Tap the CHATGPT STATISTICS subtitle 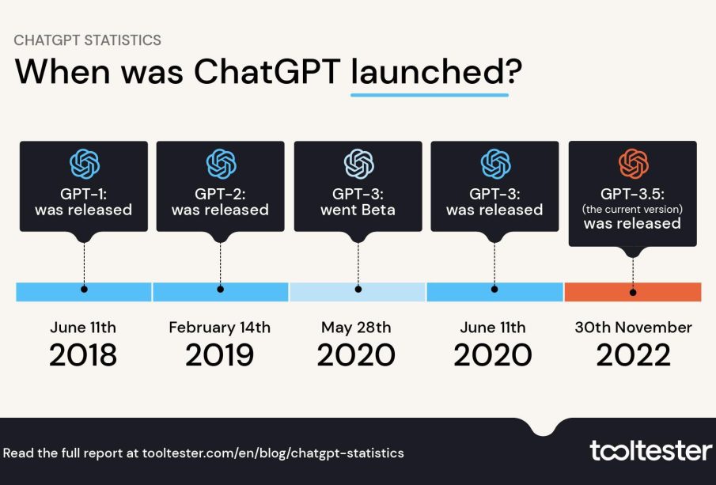click(x=88, y=40)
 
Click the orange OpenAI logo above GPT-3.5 click(x=633, y=164)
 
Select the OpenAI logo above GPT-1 click(x=84, y=164)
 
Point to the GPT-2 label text click(x=220, y=194)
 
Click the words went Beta click(x=358, y=210)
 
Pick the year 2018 click(x=83, y=355)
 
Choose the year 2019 click(x=220, y=355)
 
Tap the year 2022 click(x=633, y=355)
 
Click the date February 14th click(x=220, y=327)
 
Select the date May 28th click(x=357, y=327)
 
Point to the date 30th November click(x=633, y=327)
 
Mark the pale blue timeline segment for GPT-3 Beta click(x=324, y=291)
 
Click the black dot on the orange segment click(x=633, y=291)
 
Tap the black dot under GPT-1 click(x=84, y=290)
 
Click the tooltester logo click(x=650, y=451)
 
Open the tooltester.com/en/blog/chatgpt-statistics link click(x=273, y=453)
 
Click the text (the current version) click(x=633, y=209)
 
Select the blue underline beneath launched click(x=430, y=94)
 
